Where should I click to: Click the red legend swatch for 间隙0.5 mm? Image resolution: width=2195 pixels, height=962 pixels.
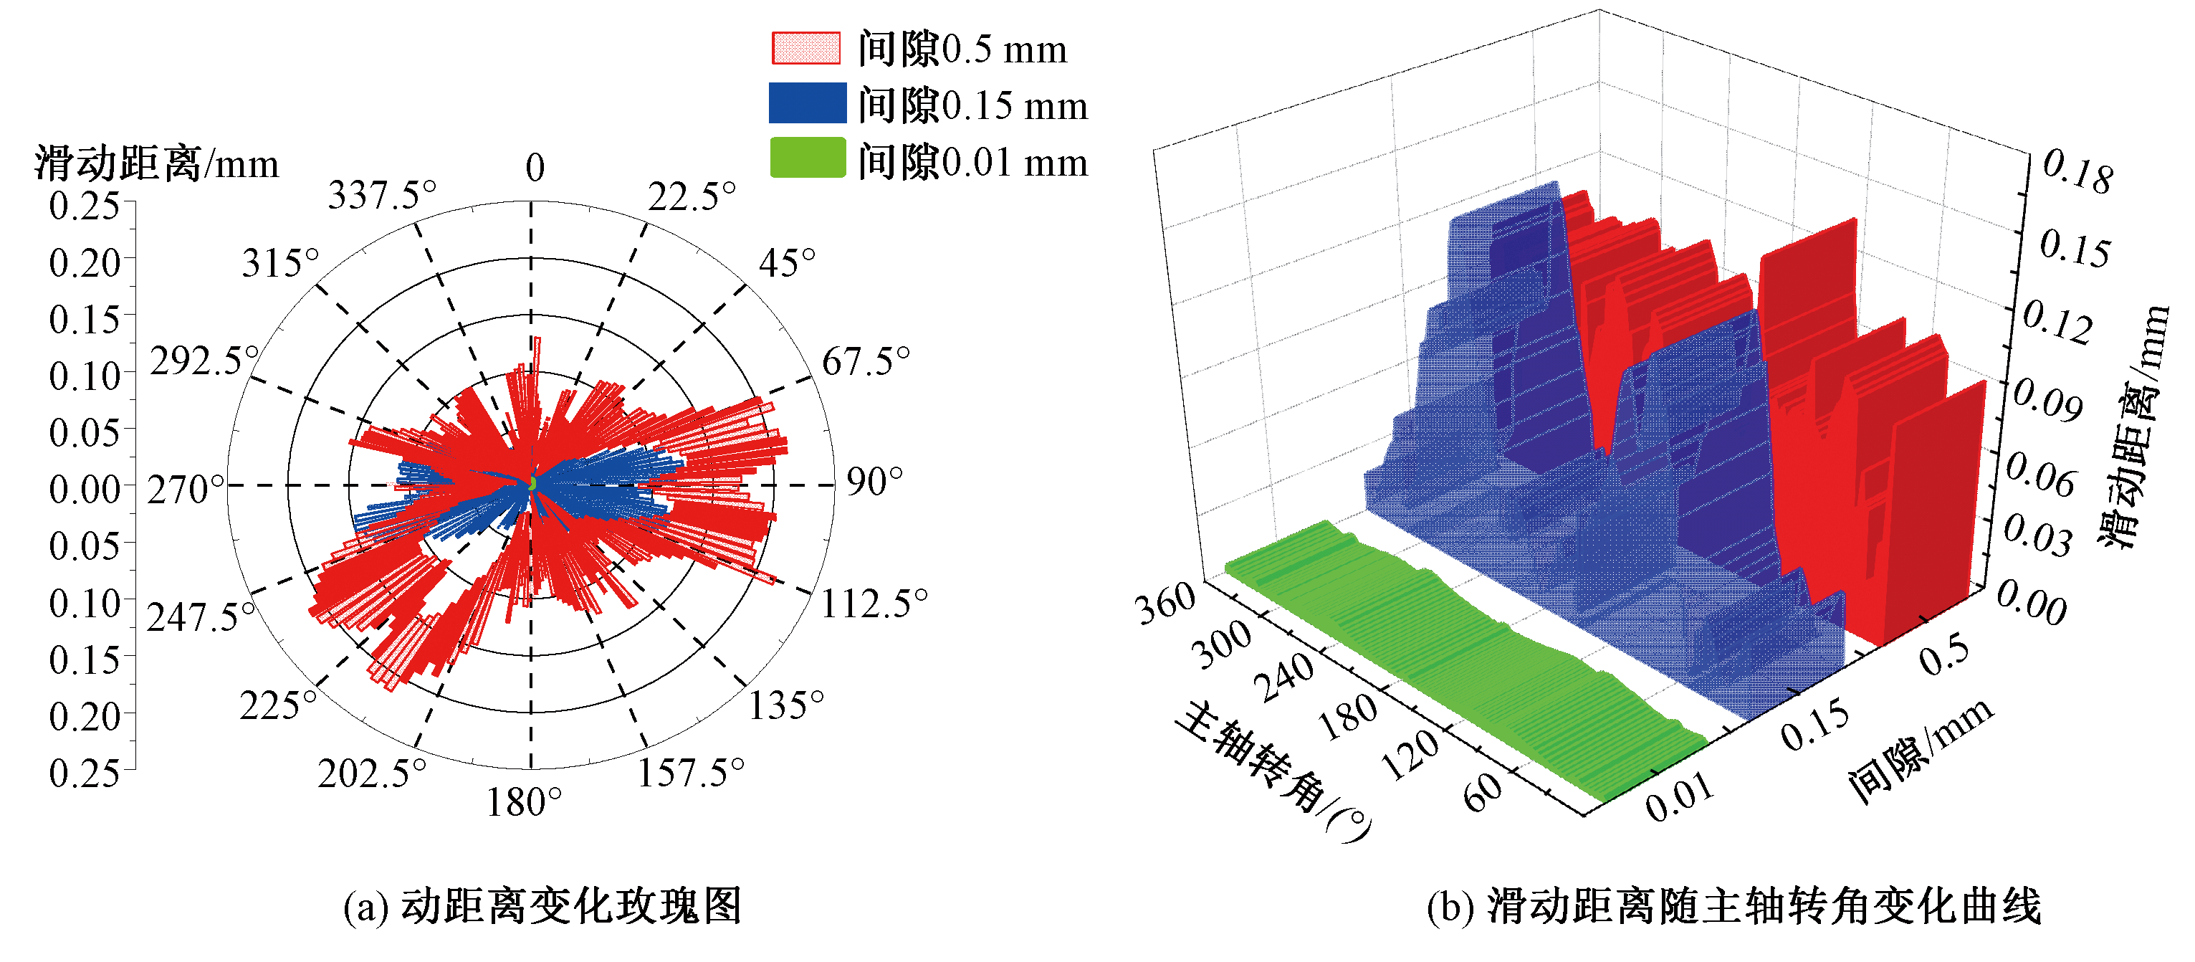805,48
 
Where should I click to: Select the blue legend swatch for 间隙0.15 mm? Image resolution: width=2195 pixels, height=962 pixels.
807,103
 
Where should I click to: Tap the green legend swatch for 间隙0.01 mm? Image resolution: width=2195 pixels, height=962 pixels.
807,158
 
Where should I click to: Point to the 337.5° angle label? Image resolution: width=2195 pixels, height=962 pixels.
382,195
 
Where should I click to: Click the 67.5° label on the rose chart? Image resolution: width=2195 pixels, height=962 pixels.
865,361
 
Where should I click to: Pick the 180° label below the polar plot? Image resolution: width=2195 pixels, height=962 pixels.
523,802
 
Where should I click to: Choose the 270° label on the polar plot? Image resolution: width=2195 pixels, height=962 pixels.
185,489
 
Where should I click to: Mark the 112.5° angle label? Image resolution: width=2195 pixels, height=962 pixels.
874,604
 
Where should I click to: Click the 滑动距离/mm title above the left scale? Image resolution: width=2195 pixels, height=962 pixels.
157,163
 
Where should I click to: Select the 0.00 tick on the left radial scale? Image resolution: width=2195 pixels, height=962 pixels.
84,489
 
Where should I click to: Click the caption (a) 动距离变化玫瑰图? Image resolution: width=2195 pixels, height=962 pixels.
542,906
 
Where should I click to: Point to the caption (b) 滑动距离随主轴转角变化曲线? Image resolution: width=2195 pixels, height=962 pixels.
1733,906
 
